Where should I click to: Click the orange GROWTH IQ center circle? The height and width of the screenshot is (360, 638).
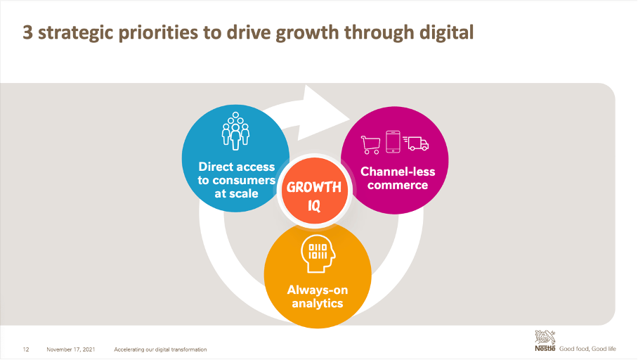click(313, 197)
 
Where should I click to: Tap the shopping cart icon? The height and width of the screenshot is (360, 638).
click(370, 144)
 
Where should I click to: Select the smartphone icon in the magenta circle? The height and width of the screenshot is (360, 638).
click(393, 142)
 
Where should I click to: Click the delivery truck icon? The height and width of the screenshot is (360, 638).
click(417, 143)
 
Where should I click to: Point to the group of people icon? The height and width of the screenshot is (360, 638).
click(235, 134)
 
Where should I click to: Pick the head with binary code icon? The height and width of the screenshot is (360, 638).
click(317, 254)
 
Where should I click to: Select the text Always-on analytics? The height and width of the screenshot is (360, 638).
click(318, 297)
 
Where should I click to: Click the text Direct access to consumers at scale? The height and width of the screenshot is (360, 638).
click(235, 180)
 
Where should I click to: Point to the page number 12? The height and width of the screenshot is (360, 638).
click(26, 349)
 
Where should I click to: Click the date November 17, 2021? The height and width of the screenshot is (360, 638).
click(70, 349)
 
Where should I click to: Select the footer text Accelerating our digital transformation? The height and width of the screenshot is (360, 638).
click(160, 349)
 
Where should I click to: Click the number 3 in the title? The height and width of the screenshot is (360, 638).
click(27, 32)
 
